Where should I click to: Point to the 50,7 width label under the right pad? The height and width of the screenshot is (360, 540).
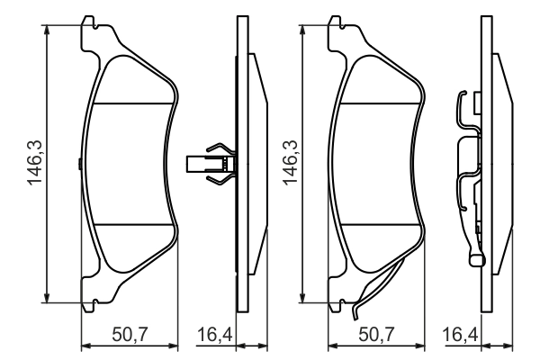pyautogui.click(x=376, y=335)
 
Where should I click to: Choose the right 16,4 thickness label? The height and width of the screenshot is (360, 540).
pyautogui.click(x=459, y=335)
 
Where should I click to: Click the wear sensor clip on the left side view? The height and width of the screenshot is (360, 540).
pyautogui.click(x=213, y=164)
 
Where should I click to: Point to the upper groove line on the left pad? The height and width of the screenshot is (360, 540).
pyautogui.click(x=133, y=103)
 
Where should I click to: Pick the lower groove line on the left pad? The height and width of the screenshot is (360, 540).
pyautogui.click(x=133, y=223)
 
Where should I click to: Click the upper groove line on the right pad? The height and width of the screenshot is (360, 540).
pyautogui.click(x=380, y=103)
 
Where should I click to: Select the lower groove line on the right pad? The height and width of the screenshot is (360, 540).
pyautogui.click(x=380, y=223)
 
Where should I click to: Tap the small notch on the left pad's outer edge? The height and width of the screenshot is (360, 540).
pyautogui.click(x=80, y=164)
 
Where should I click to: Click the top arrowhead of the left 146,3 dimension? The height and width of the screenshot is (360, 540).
pyautogui.click(x=48, y=22)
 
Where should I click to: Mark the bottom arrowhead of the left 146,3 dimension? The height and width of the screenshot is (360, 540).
pyautogui.click(x=48, y=301)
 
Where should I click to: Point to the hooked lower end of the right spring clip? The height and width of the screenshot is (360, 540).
pyautogui.click(x=475, y=260)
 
